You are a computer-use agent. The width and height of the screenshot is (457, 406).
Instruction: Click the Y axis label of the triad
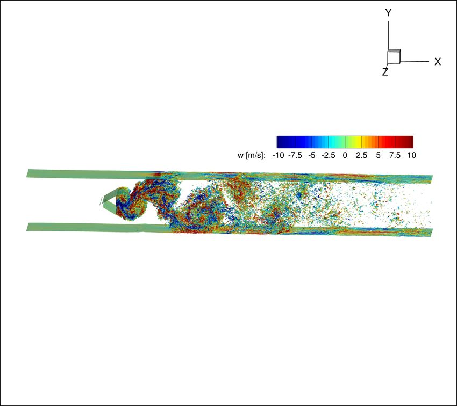pos(388,13)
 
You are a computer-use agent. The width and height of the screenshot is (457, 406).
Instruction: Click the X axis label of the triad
pos(438,62)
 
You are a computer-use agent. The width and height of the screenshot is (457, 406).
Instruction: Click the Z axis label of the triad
pos(385,72)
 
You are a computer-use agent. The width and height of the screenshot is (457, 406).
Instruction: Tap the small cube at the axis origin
pos(394,56)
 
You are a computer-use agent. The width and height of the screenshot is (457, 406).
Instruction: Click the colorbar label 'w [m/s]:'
pos(252,155)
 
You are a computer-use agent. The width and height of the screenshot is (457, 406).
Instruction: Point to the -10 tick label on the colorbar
pos(278,155)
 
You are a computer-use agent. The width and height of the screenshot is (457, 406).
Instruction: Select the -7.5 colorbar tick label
pos(295,155)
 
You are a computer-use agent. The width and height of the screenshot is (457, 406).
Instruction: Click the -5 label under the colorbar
pos(312,155)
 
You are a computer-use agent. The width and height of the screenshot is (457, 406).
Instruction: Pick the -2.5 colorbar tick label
pos(328,155)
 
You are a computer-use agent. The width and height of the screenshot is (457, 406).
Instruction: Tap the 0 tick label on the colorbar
pos(345,155)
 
